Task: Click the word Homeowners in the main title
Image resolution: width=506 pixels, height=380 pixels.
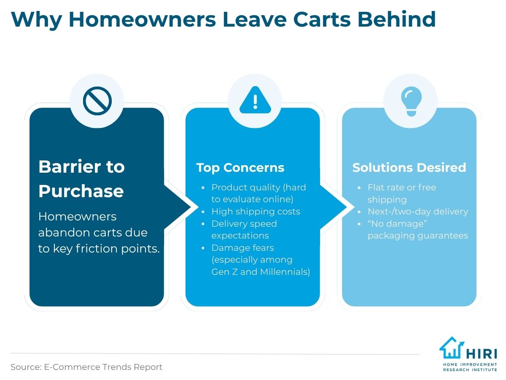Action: pyautogui.click(x=142, y=19)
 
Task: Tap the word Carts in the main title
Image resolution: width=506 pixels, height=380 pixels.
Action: pyautogui.click(x=322, y=19)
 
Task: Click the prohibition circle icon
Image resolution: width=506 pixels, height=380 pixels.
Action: pyautogui.click(x=97, y=101)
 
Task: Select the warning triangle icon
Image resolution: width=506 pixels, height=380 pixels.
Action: pyautogui.click(x=255, y=100)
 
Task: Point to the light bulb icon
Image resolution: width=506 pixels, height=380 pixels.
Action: pyautogui.click(x=411, y=101)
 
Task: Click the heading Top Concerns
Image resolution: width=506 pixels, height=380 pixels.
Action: pyautogui.click(x=240, y=168)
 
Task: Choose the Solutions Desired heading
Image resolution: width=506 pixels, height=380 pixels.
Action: pyautogui.click(x=409, y=167)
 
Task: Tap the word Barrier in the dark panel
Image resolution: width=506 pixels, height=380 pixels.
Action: pyautogui.click(x=70, y=166)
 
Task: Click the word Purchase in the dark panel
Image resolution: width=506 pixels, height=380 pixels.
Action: pyautogui.click(x=81, y=191)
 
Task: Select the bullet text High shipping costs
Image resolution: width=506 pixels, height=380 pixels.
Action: pyautogui.click(x=256, y=212)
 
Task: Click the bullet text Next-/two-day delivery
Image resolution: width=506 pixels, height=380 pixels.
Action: pyautogui.click(x=418, y=212)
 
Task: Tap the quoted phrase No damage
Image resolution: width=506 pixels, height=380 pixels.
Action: pyautogui.click(x=397, y=224)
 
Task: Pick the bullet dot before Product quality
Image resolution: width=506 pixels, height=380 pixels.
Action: pyautogui.click(x=203, y=187)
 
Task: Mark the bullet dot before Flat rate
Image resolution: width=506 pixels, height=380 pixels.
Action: pyautogui.click(x=359, y=187)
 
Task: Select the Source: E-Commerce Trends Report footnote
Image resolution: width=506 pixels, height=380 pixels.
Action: pyautogui.click(x=86, y=367)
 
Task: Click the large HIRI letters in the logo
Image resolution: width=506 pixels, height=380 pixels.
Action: pyautogui.click(x=482, y=354)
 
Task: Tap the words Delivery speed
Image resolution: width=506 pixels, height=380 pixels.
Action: pyautogui.click(x=244, y=224)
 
